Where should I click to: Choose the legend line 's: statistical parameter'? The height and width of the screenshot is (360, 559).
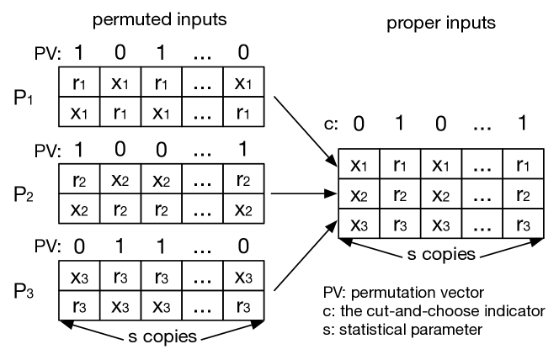click(x=402, y=329)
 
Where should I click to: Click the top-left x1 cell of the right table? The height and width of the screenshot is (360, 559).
click(x=359, y=165)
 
